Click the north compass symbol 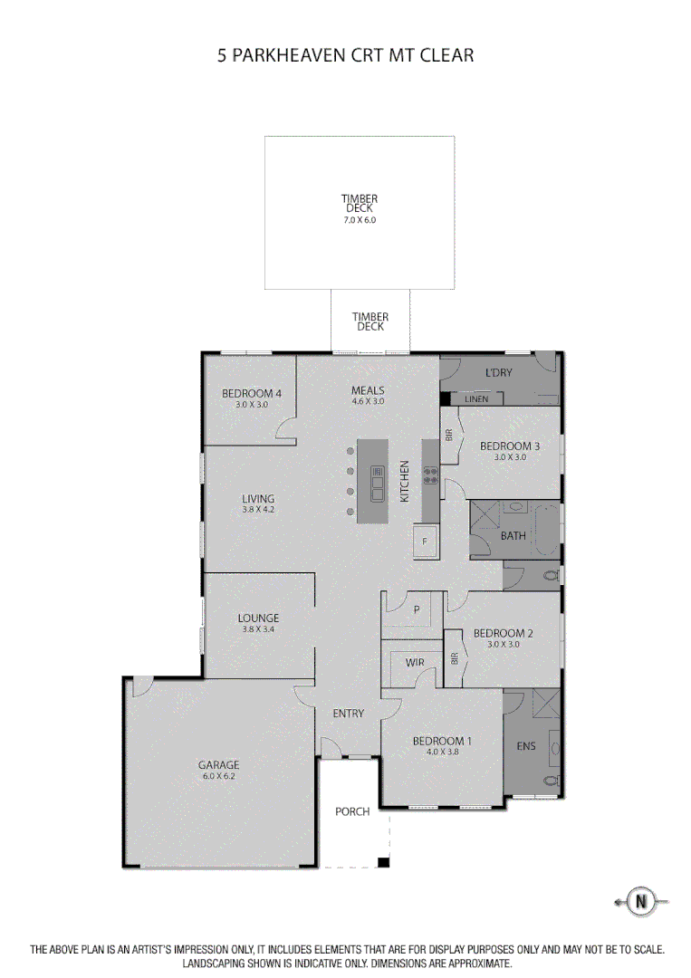click(x=642, y=901)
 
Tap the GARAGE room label click(x=219, y=765)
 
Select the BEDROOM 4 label click(x=252, y=393)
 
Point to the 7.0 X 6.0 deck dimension click(x=359, y=220)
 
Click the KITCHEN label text click(x=406, y=482)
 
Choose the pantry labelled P click(x=417, y=610)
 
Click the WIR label click(x=415, y=663)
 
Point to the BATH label click(x=513, y=536)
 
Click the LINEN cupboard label click(x=476, y=399)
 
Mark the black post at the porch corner click(x=383, y=862)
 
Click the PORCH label click(x=352, y=811)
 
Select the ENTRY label click(x=349, y=714)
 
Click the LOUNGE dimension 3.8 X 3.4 click(x=258, y=629)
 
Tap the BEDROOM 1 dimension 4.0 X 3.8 click(x=441, y=752)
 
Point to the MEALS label click(x=369, y=391)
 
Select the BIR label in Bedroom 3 click(x=449, y=435)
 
